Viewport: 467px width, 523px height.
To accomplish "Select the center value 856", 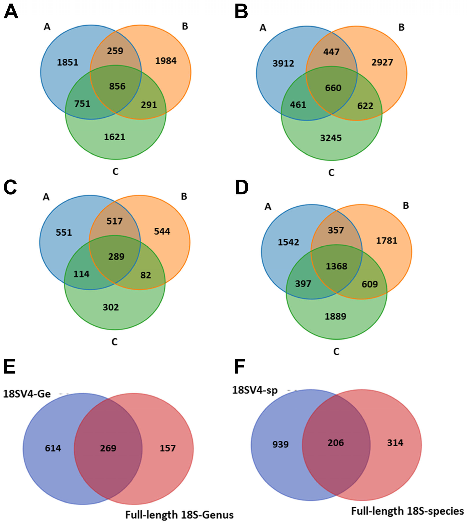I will coord(117,86).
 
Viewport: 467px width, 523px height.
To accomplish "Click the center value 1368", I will coord(336,266).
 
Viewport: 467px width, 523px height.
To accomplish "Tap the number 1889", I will coord(335,316).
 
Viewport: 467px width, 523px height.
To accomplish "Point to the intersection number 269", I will coord(108,448).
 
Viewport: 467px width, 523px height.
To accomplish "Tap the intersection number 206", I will coord(336,443).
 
